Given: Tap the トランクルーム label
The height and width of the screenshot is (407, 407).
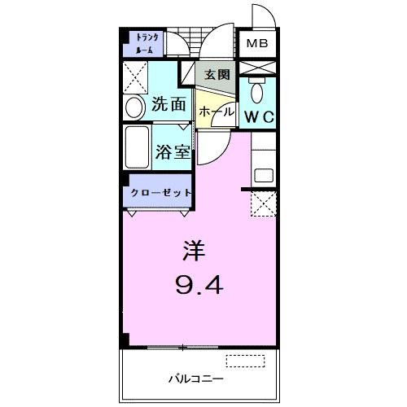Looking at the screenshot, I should click(147, 42).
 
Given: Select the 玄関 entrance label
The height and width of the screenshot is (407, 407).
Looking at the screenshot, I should click(217, 74).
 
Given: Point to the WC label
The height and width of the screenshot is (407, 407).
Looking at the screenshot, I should click(259, 116).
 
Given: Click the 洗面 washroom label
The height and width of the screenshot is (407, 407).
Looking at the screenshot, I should click(168, 105).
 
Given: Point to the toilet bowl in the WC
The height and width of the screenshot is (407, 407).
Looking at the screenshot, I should click(257, 90).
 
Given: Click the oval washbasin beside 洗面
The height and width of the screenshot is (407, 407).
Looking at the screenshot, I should click(133, 107).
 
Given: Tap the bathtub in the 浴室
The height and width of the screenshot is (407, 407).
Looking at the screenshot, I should click(138, 147).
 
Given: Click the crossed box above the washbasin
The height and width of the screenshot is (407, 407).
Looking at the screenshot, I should click(134, 78).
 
